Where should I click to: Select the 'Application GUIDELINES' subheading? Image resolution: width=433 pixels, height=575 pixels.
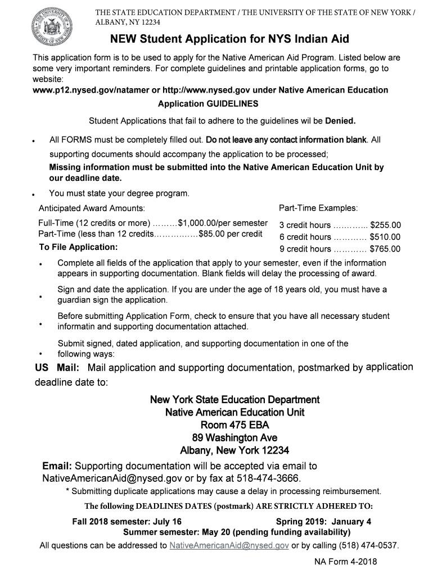coord(208,104)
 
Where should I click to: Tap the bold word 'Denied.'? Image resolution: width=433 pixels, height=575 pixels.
coord(340,121)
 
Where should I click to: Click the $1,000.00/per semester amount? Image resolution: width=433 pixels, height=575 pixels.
coord(223,222)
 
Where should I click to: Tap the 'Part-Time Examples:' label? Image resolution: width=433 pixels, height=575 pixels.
coord(318,208)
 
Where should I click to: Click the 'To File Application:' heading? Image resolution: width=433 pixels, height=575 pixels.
coord(78,247)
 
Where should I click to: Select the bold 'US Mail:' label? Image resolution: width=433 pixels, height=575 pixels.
coord(57,368)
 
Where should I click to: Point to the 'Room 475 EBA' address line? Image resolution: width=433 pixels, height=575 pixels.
coord(234,425)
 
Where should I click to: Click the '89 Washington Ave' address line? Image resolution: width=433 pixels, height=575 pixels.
coord(234,438)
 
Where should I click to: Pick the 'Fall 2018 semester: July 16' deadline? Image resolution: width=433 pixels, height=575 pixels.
coord(127,521)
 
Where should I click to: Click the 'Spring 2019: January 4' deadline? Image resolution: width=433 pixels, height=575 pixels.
coord(323,521)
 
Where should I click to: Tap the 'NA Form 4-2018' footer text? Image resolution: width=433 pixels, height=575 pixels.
coord(345,562)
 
